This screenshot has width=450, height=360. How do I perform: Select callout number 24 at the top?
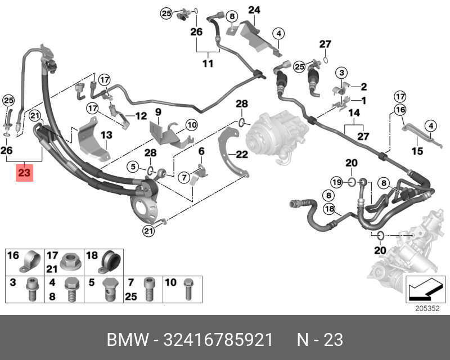click(254, 10)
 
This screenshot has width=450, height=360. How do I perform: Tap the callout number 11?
click(208, 64)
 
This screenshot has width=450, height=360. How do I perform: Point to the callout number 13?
click(107, 135)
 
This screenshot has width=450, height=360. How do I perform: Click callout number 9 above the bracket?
click(158, 112)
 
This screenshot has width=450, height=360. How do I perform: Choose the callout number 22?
click(200, 152)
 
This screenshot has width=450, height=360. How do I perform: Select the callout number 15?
click(417, 151)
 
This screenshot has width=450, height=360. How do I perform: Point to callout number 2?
click(363, 87)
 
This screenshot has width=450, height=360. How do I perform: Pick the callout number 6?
click(200, 152)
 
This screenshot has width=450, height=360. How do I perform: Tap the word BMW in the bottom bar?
click(125, 340)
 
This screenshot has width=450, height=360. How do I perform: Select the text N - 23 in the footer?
click(319, 340)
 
